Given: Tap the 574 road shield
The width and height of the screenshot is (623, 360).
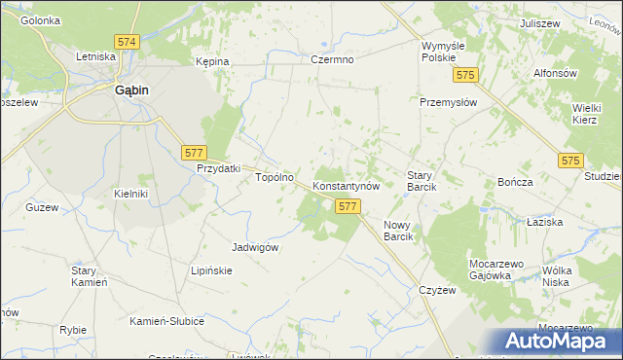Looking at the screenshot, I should coord(127,43).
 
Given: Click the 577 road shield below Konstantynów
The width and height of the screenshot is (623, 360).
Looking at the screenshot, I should coord(348,206).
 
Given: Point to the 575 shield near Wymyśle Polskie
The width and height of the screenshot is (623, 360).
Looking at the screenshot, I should coord(468,75).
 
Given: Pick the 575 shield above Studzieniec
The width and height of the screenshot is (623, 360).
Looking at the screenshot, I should coord(571,160).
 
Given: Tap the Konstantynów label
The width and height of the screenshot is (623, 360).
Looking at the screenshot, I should coord(351,185).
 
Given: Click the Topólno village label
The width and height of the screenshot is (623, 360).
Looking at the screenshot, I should coord(274,178).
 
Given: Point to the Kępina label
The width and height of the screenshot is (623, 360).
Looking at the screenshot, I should coord(211,61).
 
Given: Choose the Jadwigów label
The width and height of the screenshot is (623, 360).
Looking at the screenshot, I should coord(256,247).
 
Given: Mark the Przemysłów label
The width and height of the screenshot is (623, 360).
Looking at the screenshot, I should coord(446,101).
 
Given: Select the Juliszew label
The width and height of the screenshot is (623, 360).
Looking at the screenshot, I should coord(539,22).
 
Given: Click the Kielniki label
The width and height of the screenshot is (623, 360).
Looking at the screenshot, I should coord(130,194).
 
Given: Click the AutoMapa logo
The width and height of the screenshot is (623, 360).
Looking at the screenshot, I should coord(562,342).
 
